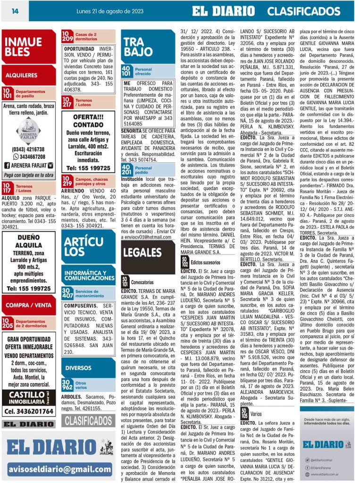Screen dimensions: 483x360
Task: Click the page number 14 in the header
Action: coord(15,10)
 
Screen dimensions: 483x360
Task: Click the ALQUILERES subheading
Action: coord(22,75)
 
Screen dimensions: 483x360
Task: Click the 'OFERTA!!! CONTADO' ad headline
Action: coord(88,122)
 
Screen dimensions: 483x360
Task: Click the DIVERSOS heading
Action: coord(78,367)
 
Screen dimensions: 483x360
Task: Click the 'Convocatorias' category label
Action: coord(142,282)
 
